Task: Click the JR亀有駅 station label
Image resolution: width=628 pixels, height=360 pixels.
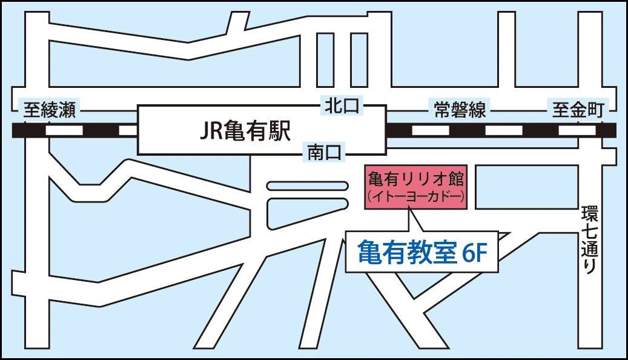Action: click(x=245, y=130)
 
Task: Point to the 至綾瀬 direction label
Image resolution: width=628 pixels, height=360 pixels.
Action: click(x=49, y=110)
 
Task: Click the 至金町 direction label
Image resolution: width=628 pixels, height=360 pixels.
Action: click(x=578, y=110)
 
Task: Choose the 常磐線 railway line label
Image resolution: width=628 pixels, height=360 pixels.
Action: click(x=460, y=110)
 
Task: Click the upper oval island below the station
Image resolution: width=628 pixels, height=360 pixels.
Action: click(x=306, y=186)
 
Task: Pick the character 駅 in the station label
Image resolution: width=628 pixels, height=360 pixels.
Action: click(x=278, y=130)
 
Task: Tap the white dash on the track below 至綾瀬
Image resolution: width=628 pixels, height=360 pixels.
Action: click(x=64, y=130)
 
